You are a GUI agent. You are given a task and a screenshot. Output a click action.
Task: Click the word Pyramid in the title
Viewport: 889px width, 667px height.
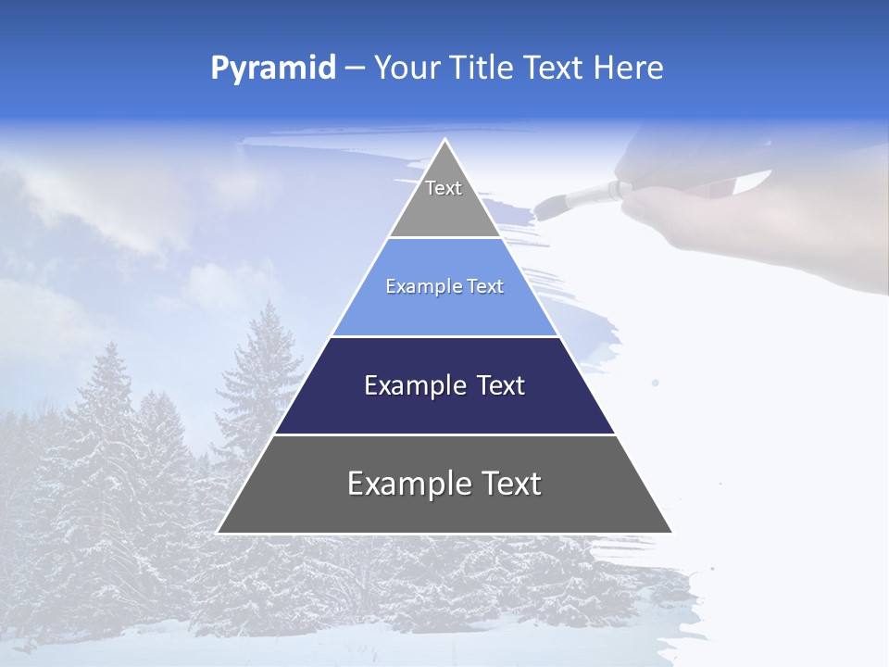click(x=273, y=69)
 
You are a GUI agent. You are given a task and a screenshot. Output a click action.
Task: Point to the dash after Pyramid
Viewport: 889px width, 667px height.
click(x=354, y=69)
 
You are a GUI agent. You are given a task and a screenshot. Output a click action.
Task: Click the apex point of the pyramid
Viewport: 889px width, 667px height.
click(x=445, y=140)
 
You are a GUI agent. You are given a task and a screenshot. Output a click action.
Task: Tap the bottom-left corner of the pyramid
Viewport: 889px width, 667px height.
click(x=219, y=533)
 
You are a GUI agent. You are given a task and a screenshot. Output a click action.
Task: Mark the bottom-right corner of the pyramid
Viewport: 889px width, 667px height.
click(x=671, y=533)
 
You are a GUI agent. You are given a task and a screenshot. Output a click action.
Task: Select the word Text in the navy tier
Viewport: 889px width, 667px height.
click(x=501, y=385)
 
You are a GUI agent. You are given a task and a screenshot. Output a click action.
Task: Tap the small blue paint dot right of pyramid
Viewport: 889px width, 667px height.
click(x=656, y=382)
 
